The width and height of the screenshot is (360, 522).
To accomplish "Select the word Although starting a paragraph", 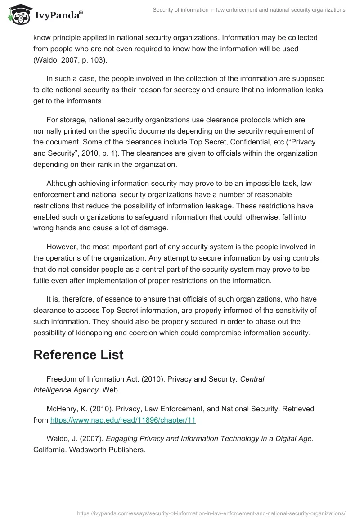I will click(x=63, y=184).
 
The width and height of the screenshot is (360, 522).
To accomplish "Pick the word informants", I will click(x=85, y=101).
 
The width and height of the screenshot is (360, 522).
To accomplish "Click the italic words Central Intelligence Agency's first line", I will click(x=252, y=379).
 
